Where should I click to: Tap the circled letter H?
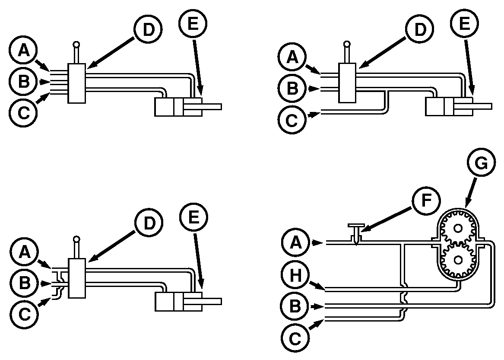(x=295, y=275)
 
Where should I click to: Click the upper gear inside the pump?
(x=457, y=229)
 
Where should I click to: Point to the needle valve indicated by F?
(x=356, y=233)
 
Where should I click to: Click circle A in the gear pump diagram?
(x=296, y=243)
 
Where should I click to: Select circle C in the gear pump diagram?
(x=295, y=338)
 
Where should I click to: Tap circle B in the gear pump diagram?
(x=295, y=306)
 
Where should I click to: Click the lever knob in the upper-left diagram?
(x=76, y=45)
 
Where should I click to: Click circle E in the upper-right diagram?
(x=464, y=23)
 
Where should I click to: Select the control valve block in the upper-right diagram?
(x=348, y=83)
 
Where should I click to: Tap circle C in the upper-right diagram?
(x=292, y=120)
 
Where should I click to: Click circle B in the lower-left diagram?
(x=24, y=283)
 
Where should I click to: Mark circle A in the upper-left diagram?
(x=23, y=51)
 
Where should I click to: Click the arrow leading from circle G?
(x=470, y=192)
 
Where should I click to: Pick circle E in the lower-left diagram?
(x=193, y=217)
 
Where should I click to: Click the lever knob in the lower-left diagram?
(x=76, y=239)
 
